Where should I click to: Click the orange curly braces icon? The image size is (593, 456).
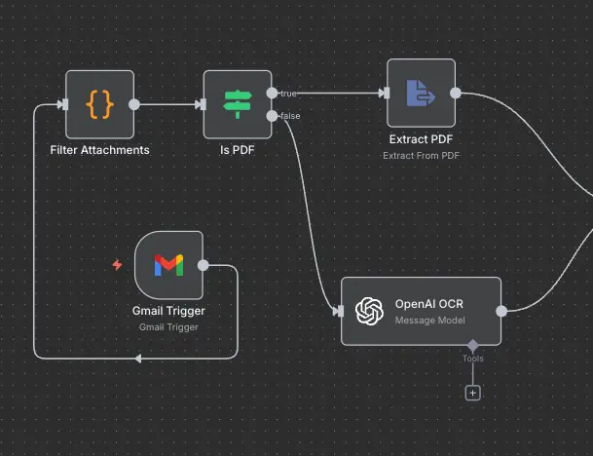click(99, 104)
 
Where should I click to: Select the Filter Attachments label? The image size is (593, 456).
click(99, 150)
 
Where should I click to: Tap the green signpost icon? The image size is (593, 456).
click(238, 104)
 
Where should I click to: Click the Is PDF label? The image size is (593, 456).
click(238, 150)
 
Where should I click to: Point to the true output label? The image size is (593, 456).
click(288, 94)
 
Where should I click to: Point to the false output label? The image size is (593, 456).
click(289, 116)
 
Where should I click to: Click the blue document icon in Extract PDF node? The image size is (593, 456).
click(421, 93)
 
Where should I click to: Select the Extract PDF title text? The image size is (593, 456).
click(421, 139)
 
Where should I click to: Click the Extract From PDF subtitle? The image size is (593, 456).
click(421, 155)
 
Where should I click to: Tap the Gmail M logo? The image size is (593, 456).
click(168, 264)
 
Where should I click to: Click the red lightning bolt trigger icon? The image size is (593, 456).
click(117, 264)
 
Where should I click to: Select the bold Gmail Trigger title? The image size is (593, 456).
click(168, 311)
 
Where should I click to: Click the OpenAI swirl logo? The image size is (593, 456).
click(369, 311)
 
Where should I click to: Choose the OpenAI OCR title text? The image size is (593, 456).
click(429, 304)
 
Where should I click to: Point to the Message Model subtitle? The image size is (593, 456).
click(429, 320)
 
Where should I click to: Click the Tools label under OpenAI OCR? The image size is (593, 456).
click(472, 359)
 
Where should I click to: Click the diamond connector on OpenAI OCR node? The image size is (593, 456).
click(472, 345)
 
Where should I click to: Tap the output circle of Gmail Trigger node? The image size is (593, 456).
click(203, 264)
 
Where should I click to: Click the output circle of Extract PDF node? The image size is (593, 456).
click(456, 93)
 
